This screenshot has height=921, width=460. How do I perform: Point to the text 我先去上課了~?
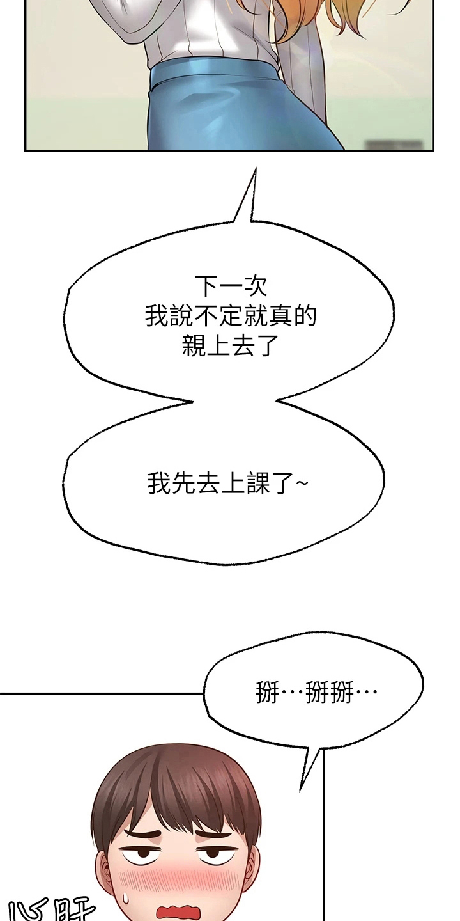click(x=227, y=484)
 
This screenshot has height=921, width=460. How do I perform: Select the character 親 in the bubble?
click(x=192, y=346)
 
